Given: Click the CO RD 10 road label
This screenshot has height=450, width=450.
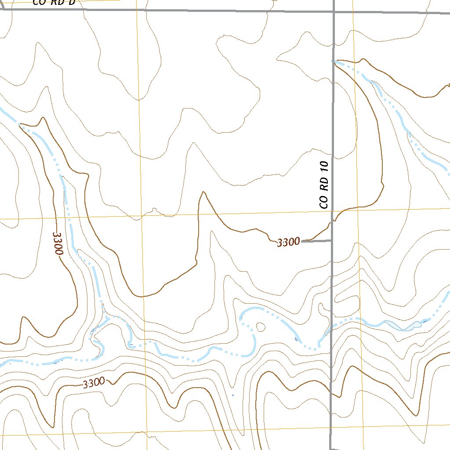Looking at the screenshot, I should coord(324,185).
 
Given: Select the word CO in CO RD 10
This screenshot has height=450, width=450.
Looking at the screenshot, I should coord(324,202).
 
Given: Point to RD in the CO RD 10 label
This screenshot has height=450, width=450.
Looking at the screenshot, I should coord(324,185).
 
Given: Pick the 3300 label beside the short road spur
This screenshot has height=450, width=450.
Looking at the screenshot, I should coord(288,242).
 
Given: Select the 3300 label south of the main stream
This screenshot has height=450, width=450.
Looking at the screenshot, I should coord(94,383).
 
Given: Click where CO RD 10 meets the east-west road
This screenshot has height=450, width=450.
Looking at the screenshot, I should coord(334,11).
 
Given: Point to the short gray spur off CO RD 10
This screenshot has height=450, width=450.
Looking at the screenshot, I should coord(316,241).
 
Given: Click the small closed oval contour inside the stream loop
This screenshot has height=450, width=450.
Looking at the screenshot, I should coord(260,327).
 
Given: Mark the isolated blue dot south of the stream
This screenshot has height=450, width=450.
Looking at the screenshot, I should coord(232,396).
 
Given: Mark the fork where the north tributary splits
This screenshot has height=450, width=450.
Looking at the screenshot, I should coord(104,315).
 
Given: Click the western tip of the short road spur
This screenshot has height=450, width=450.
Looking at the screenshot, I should coord(302,241).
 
